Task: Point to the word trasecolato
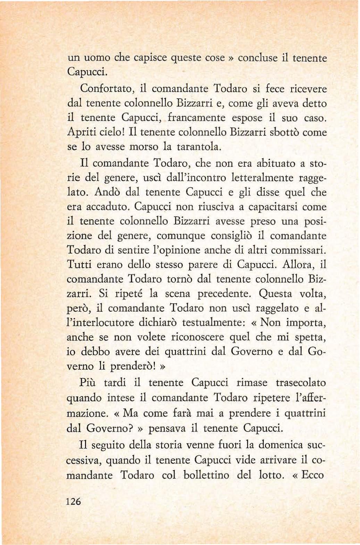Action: click(x=301, y=383)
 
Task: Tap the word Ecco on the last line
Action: click(x=312, y=475)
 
